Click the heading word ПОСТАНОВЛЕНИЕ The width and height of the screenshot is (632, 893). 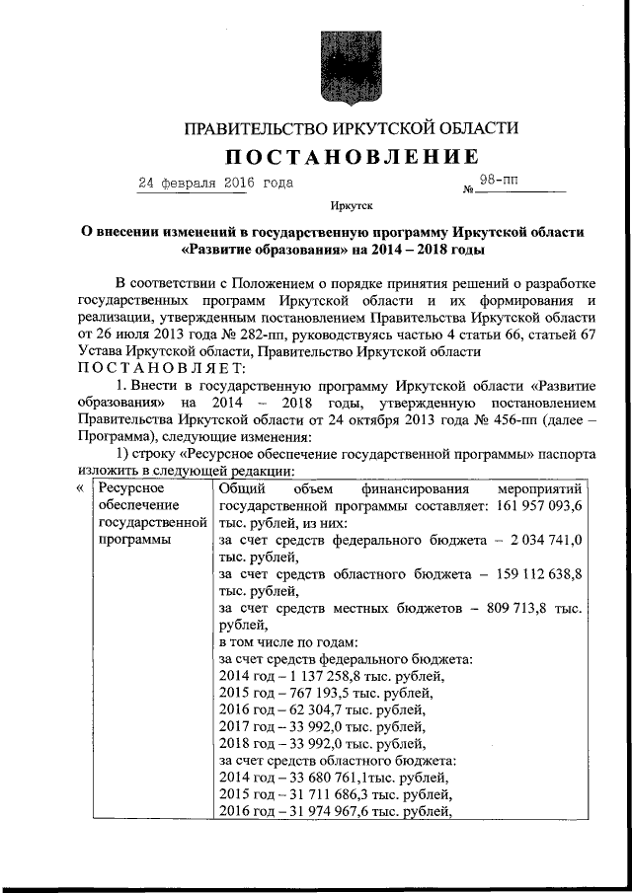tap(354, 157)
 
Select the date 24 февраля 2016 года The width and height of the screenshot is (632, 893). tap(215, 183)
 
